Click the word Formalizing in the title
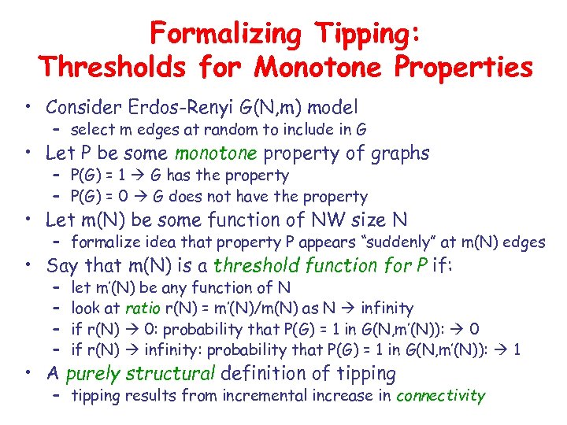222,34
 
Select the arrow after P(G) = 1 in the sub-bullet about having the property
145,176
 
